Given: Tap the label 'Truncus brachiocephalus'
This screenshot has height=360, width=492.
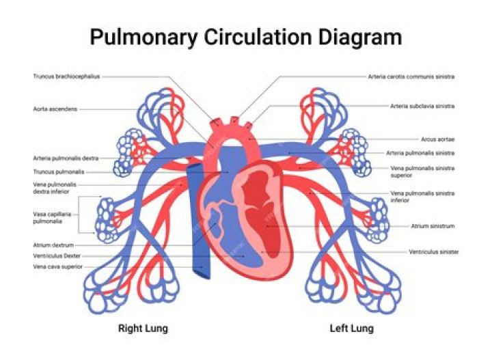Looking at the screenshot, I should [x=66, y=77].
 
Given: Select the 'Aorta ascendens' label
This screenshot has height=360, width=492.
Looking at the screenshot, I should [x=55, y=109].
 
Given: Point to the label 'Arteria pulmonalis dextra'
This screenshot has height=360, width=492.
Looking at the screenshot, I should [x=66, y=158].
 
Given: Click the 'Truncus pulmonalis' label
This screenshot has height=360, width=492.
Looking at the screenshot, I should [x=59, y=171].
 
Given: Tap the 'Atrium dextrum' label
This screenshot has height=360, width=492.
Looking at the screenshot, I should [x=53, y=244].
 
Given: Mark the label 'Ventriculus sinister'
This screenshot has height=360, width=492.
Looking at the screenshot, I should [x=434, y=251].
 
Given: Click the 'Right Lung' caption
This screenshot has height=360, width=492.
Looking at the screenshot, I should [x=143, y=329].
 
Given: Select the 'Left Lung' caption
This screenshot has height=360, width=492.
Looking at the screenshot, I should [x=351, y=329].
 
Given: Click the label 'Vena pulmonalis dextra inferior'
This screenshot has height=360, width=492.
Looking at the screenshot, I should [x=55, y=188].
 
